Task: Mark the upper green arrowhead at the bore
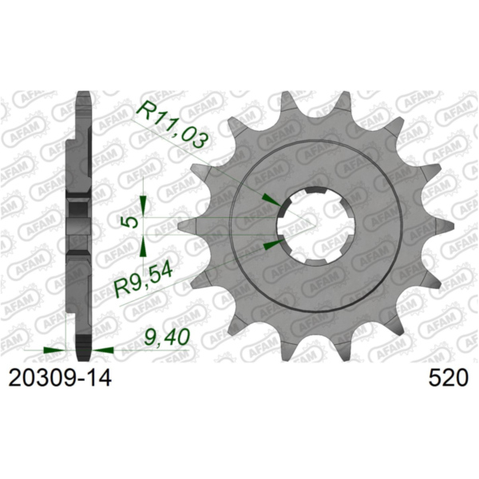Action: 272,200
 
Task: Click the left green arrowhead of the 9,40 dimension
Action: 54,349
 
